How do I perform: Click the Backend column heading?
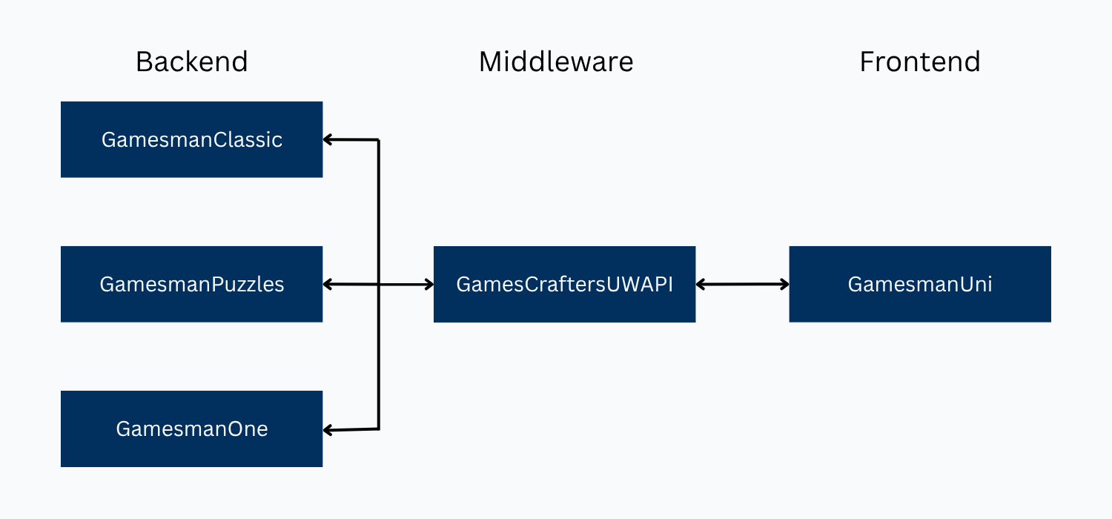tap(191, 62)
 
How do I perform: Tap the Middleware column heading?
tap(556, 62)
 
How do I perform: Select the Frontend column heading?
tap(919, 62)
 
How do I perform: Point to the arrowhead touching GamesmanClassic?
tap(328, 139)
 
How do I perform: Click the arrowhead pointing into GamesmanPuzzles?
tap(328, 284)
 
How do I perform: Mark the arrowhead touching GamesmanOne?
tap(328, 430)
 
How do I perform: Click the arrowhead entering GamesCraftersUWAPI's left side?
tap(429, 284)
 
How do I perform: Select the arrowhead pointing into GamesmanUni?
tap(785, 284)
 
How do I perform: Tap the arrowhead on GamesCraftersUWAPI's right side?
tap(701, 284)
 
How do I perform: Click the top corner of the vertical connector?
tap(379, 139)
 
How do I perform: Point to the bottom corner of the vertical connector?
tap(379, 429)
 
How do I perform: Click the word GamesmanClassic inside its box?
tap(191, 139)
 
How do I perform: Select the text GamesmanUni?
tap(919, 284)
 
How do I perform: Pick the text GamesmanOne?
tap(191, 429)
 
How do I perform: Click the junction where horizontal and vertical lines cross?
tap(379, 284)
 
